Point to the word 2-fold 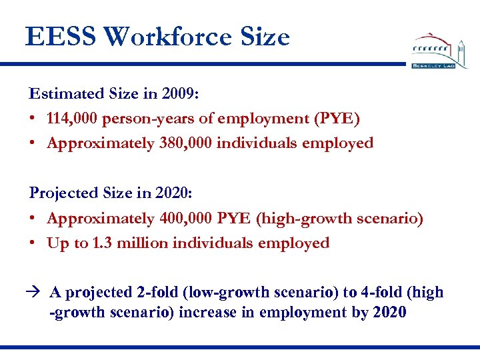(x=159, y=293)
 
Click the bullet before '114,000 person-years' (x=33, y=119)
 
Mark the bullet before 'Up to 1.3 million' (x=33, y=243)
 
